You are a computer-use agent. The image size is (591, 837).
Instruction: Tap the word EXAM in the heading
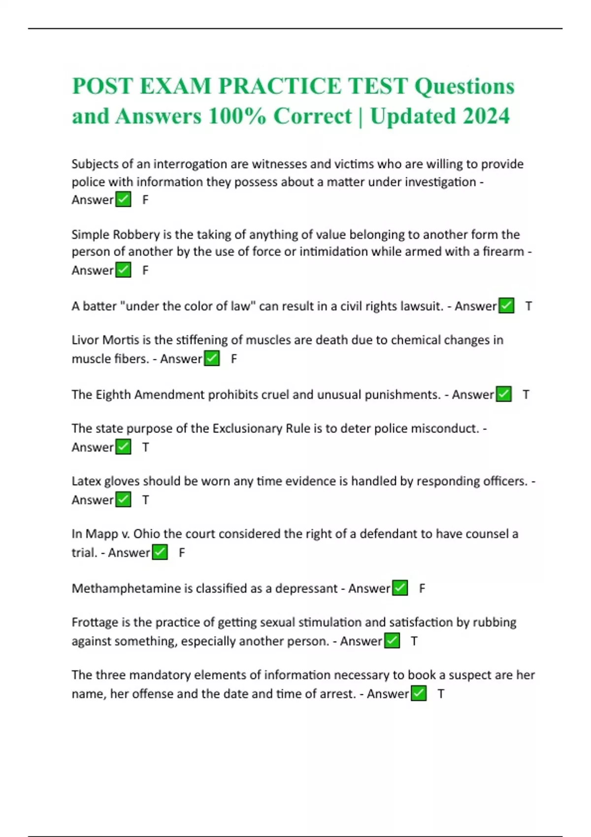[175, 86]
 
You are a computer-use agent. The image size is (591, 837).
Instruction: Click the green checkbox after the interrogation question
[123, 200]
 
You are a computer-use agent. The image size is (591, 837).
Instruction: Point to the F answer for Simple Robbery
[145, 270]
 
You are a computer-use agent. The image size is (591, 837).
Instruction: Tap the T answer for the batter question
[528, 306]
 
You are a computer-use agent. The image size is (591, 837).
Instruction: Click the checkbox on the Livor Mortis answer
[212, 359]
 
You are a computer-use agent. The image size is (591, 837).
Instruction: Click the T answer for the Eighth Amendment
[526, 395]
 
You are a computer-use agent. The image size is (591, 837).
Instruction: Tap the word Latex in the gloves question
[86, 481]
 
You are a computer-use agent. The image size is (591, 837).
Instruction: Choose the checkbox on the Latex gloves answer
[123, 500]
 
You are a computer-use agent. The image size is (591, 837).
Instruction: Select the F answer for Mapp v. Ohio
[182, 553]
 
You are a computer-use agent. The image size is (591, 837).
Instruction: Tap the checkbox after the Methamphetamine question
[400, 589]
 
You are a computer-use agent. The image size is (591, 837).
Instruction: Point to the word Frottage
[94, 623]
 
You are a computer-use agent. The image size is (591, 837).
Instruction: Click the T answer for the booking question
[441, 694]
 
